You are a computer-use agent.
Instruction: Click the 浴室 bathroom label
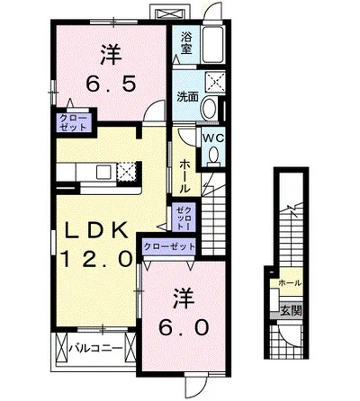(x=186, y=43)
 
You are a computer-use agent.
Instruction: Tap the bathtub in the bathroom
(x=212, y=45)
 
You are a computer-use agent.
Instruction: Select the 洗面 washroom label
(x=188, y=96)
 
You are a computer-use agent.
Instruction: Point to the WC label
(x=213, y=138)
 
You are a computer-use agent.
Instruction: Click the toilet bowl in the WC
(x=213, y=156)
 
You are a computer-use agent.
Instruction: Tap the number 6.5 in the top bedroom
(x=111, y=84)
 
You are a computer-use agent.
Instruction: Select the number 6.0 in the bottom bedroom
(x=184, y=328)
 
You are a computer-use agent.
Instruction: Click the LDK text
(x=95, y=231)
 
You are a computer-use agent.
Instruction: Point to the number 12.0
(x=96, y=258)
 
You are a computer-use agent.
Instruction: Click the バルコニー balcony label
(x=95, y=348)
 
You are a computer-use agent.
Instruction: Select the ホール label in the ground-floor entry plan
(x=290, y=282)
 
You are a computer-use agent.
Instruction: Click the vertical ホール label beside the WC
(x=184, y=176)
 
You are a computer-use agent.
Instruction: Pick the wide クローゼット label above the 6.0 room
(x=169, y=247)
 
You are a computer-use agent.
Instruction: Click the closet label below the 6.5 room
(x=74, y=122)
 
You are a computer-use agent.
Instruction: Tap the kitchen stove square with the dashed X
(x=127, y=172)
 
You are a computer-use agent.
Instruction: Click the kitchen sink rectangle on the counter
(x=103, y=172)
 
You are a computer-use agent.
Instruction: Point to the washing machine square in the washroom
(x=215, y=82)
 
